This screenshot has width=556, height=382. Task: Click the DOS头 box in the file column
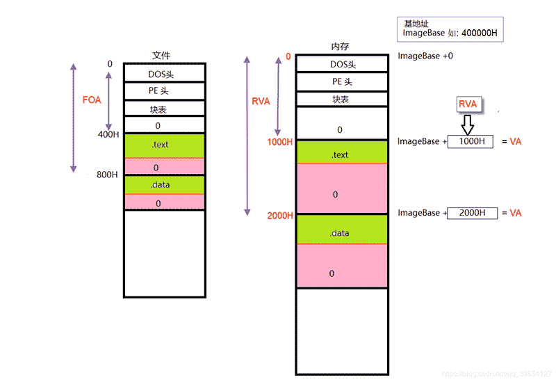point(165,72)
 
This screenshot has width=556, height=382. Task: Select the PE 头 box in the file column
point(165,90)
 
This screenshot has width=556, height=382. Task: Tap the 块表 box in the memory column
point(341,99)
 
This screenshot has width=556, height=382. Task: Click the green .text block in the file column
point(165,145)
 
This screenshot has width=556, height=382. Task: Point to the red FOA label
point(92,100)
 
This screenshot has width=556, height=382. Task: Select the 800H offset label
point(108,175)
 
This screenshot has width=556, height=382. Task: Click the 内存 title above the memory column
point(340,47)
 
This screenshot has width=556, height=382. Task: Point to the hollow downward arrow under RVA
point(468,125)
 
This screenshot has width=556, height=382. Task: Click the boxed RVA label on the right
point(468,104)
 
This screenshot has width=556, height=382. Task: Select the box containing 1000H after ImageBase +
point(471,142)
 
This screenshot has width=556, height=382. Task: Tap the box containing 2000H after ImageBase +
point(472,213)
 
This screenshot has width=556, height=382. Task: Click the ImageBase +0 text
point(425,56)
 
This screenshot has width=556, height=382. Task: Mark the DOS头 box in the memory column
point(341,64)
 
